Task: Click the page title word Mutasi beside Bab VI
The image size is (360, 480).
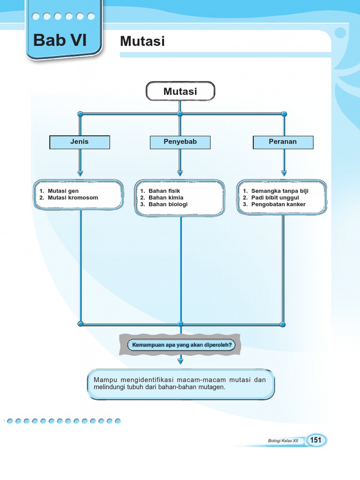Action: pos(142,41)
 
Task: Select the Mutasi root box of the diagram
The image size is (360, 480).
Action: pos(180,91)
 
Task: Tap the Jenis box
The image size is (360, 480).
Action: pos(80,142)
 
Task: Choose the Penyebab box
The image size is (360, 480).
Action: pos(180,142)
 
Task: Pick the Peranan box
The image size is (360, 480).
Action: pos(283,142)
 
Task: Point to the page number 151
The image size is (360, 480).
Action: pos(316,440)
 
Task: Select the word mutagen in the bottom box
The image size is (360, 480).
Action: pos(211,387)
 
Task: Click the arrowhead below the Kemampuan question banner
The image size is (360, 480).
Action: pos(180,361)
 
